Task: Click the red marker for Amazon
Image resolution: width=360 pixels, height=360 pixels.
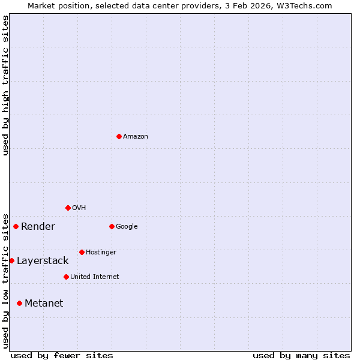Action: tap(119, 136)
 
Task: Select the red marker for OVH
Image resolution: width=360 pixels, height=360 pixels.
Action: tap(68, 208)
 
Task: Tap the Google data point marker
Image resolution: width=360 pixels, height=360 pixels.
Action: tap(112, 226)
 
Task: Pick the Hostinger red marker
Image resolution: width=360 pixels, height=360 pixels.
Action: tap(82, 252)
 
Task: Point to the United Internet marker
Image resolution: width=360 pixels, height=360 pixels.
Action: tap(66, 277)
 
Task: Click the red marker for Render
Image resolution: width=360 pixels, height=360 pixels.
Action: tap(16, 226)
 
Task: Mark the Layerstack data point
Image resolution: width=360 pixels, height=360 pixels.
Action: tap(11, 260)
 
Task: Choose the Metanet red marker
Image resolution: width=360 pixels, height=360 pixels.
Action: tap(19, 303)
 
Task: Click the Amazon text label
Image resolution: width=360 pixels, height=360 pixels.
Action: tap(136, 137)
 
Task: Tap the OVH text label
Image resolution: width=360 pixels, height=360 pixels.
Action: tap(79, 208)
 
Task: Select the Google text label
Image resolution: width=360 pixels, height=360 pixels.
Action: tap(127, 227)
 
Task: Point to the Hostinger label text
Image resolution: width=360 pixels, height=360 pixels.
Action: tap(101, 253)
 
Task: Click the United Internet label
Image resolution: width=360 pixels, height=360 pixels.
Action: tap(95, 277)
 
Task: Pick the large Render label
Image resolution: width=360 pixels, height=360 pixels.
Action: tap(38, 227)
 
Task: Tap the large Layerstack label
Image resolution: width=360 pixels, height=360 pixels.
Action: tap(43, 261)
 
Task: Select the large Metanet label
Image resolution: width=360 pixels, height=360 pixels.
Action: tap(44, 304)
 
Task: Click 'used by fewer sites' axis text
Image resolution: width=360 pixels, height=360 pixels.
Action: tap(62, 355)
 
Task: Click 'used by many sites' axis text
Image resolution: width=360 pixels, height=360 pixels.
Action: tap(301, 355)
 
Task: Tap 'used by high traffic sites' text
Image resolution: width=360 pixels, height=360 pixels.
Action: tap(5, 85)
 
